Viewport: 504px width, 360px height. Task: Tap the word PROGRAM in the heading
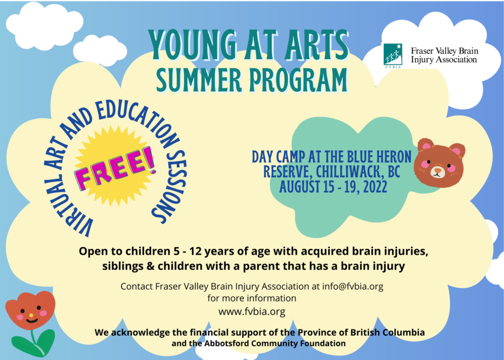[299, 80]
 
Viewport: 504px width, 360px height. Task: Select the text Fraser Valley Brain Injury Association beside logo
[444, 55]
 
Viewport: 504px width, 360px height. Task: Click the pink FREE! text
[116, 167]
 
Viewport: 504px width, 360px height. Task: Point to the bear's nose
[438, 169]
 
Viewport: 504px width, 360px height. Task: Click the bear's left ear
[425, 146]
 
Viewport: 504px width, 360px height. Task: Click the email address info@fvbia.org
[352, 286]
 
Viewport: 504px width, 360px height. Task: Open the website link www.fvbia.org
[252, 311]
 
